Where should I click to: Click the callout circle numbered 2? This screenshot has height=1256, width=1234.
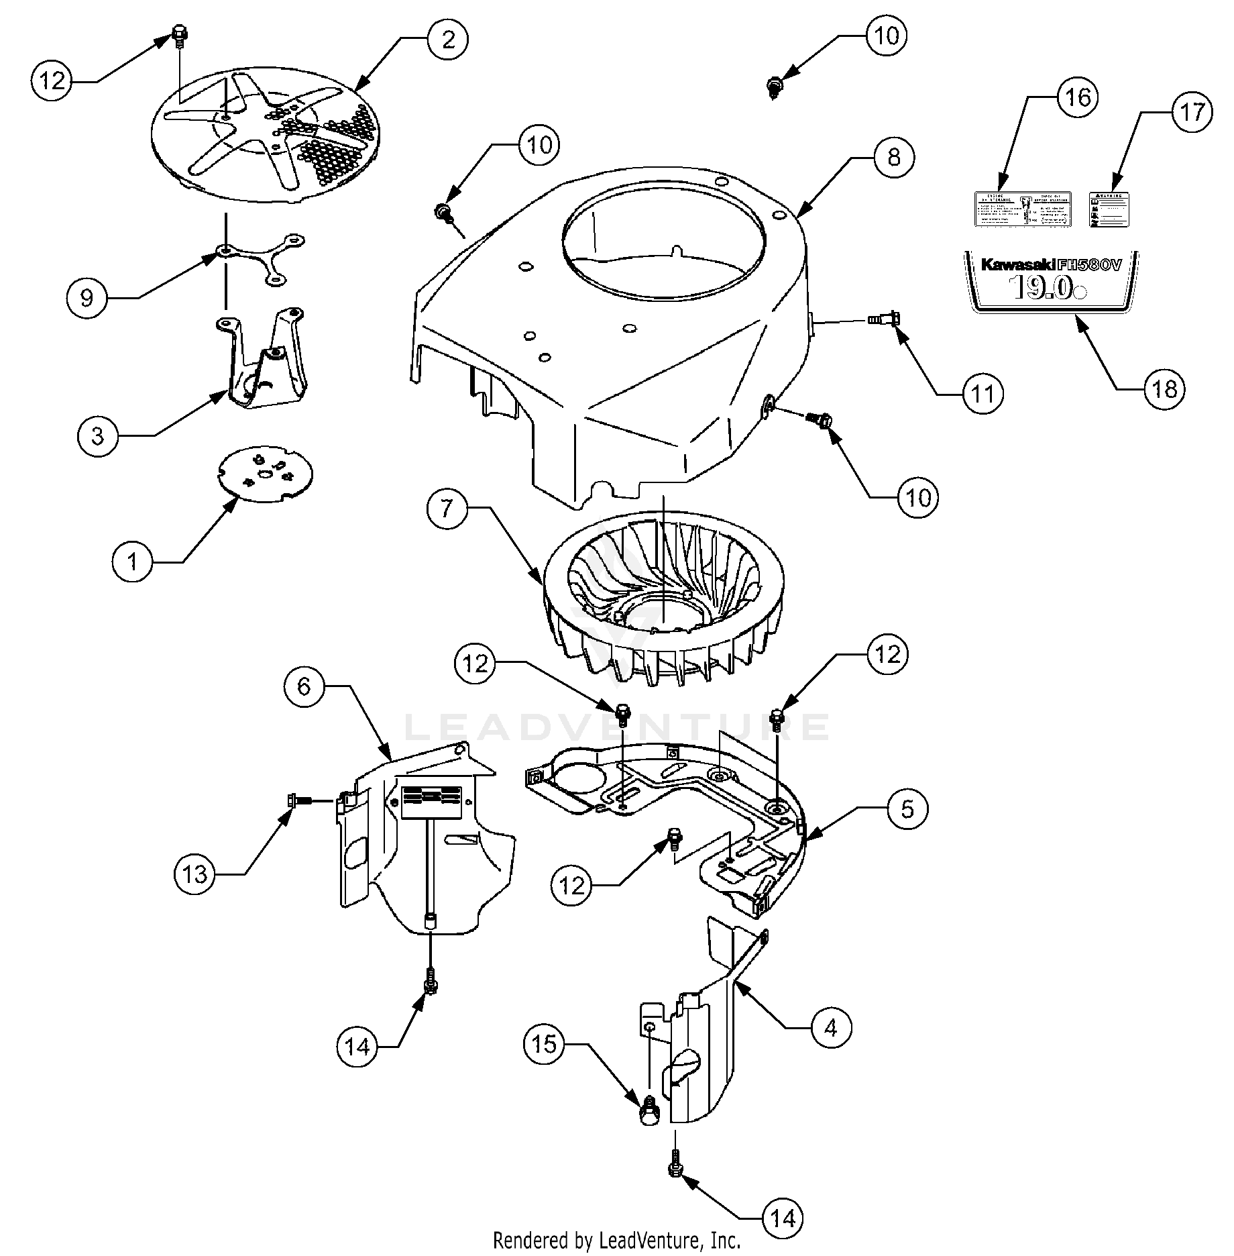[x=448, y=40]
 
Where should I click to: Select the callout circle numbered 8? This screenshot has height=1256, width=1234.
[x=893, y=158]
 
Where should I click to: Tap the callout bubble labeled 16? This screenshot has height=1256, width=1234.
[x=1078, y=97]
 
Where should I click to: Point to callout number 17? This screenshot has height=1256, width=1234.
[x=1192, y=112]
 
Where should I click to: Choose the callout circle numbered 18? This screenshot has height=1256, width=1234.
[x=1164, y=388]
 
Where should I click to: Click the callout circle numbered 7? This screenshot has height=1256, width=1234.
[x=447, y=508]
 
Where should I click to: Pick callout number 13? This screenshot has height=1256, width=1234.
[x=195, y=874]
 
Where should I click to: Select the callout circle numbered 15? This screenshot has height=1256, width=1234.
[x=544, y=1044]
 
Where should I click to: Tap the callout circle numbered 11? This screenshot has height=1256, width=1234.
[x=983, y=394]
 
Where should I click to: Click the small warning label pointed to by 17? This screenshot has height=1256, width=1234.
[x=1109, y=210]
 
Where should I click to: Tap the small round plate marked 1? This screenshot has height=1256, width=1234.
[x=266, y=474]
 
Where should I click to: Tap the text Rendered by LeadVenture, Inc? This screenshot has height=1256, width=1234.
[x=616, y=1240]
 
